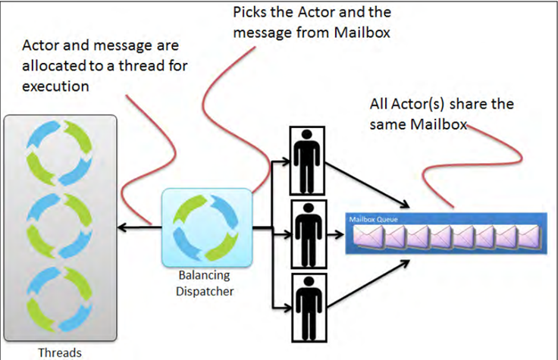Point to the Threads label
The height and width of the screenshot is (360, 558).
(59, 352)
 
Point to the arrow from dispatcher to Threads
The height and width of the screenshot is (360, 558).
(139, 225)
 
